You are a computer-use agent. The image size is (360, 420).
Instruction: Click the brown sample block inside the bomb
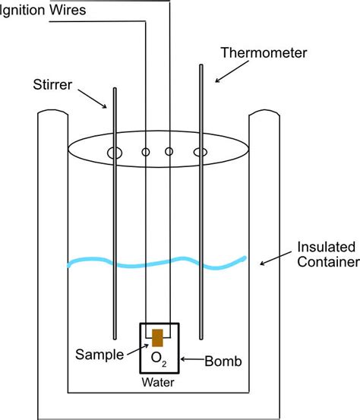tap(158, 338)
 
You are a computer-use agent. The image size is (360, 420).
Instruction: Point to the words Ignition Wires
tap(43, 10)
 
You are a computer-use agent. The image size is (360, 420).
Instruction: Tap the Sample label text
tap(101, 354)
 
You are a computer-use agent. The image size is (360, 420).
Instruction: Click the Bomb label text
tap(222, 362)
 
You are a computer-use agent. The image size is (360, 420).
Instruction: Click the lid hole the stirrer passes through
tap(115, 153)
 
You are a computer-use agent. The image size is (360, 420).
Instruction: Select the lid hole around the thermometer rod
tap(201, 153)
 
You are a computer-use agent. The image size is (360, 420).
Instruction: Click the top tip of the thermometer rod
tap(201, 67)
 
